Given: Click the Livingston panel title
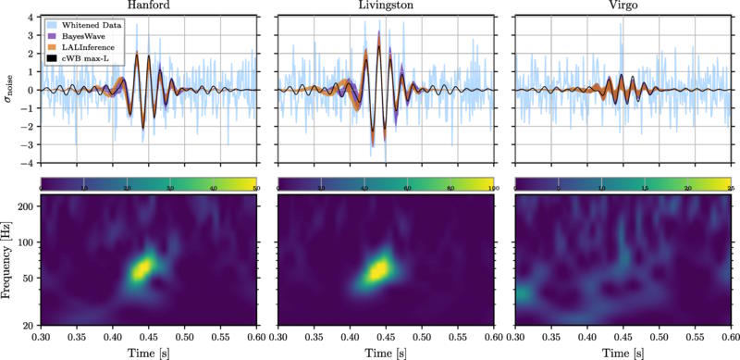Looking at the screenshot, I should coord(385,6).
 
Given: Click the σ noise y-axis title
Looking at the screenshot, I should coord(9,90).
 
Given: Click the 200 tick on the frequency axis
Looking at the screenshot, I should coord(26,206).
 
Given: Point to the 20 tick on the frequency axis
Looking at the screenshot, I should coord(29,324).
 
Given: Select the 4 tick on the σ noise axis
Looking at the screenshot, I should coord(31,18).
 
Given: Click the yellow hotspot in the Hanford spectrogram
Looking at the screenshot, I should coord(142,268).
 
